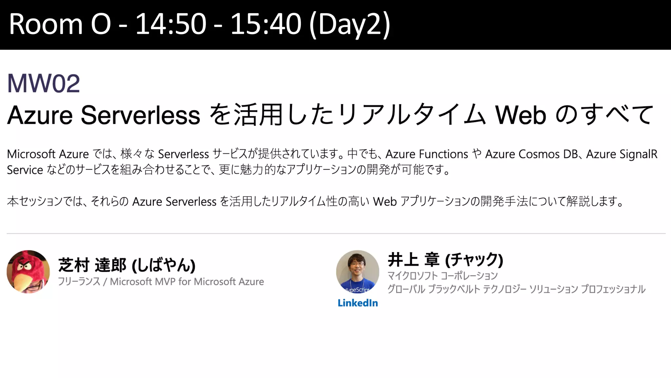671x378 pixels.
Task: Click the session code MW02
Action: click(44, 83)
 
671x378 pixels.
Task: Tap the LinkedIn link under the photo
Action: click(357, 303)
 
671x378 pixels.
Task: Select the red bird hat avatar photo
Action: click(28, 271)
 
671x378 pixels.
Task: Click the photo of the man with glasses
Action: click(357, 271)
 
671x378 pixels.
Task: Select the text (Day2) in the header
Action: click(350, 24)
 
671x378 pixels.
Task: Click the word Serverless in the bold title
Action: click(140, 115)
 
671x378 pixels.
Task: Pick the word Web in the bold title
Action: click(521, 115)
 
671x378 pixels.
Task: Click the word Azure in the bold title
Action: click(40, 115)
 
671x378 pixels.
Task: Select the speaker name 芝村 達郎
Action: click(92, 265)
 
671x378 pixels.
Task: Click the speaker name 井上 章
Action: click(413, 260)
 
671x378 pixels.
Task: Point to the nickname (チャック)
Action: click(474, 260)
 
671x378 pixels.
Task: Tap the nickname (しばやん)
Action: click(163, 265)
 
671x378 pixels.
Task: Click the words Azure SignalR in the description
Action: click(622, 154)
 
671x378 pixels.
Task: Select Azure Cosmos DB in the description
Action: click(531, 154)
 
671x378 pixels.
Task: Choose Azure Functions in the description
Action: click(427, 154)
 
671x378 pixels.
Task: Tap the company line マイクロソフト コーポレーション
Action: click(442, 276)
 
